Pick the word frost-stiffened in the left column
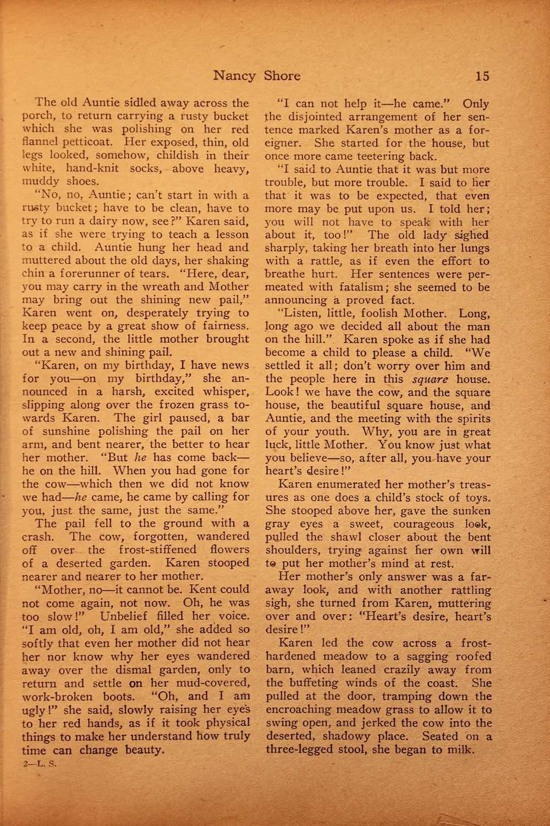tap(155, 550)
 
